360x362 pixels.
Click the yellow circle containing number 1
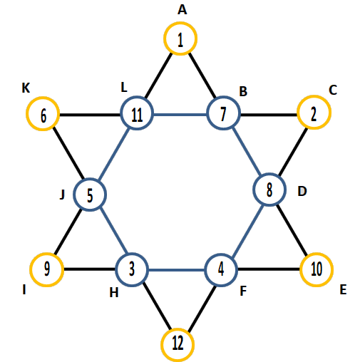(x=180, y=22)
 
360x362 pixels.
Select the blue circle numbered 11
(x=137, y=97)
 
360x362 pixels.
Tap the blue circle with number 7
(x=223, y=97)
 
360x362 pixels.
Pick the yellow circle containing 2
(x=314, y=96)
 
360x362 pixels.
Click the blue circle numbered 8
(x=269, y=174)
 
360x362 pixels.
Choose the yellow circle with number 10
(x=317, y=254)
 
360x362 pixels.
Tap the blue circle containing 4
(x=221, y=254)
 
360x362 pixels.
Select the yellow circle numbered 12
(x=178, y=329)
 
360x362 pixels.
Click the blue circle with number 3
(x=132, y=254)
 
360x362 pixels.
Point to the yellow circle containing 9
(x=47, y=254)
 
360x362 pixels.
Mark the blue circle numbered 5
(x=90, y=179)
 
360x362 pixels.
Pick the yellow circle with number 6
(x=43, y=98)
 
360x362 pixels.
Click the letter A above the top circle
(x=182, y=10)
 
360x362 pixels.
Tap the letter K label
(x=26, y=88)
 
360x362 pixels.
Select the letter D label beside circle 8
(x=302, y=191)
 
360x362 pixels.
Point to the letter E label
(x=343, y=290)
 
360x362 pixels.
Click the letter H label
(x=114, y=293)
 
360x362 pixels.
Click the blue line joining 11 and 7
(x=180, y=115)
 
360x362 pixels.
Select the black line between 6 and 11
(x=90, y=115)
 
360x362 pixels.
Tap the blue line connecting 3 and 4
(x=177, y=270)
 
